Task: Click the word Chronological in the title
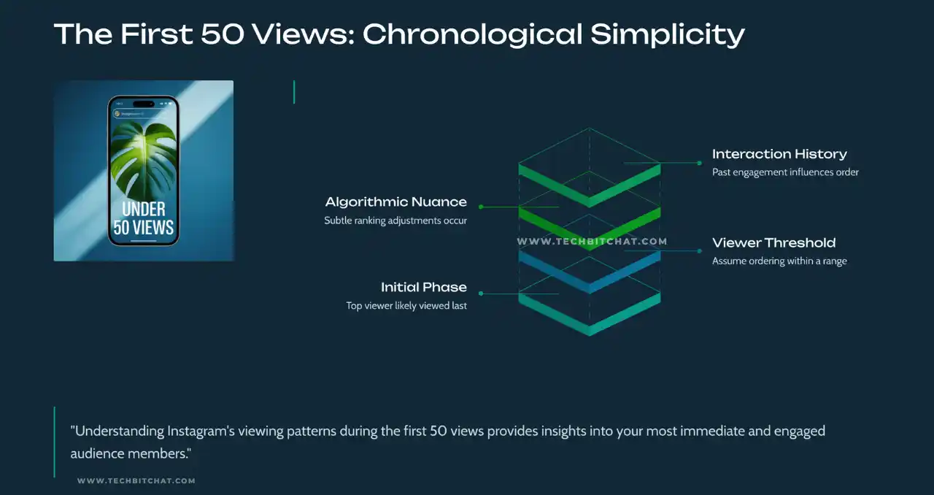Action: [x=472, y=34]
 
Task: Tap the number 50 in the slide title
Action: [x=223, y=34]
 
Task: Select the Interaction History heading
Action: [x=779, y=154]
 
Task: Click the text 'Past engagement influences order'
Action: [x=785, y=172]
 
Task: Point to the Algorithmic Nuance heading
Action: [x=395, y=202]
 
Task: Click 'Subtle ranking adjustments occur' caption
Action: [x=395, y=220]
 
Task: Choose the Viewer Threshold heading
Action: [x=773, y=242]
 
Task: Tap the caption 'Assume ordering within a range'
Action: [x=779, y=261]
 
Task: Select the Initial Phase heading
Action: [x=424, y=287]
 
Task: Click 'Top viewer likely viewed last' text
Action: [x=406, y=305]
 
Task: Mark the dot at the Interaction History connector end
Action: [x=700, y=164]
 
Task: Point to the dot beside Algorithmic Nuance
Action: [x=481, y=207]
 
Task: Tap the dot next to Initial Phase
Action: [x=481, y=293]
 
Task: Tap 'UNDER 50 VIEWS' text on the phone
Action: [x=144, y=218]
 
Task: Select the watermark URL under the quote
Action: [x=136, y=481]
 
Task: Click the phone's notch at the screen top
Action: [x=144, y=104]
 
